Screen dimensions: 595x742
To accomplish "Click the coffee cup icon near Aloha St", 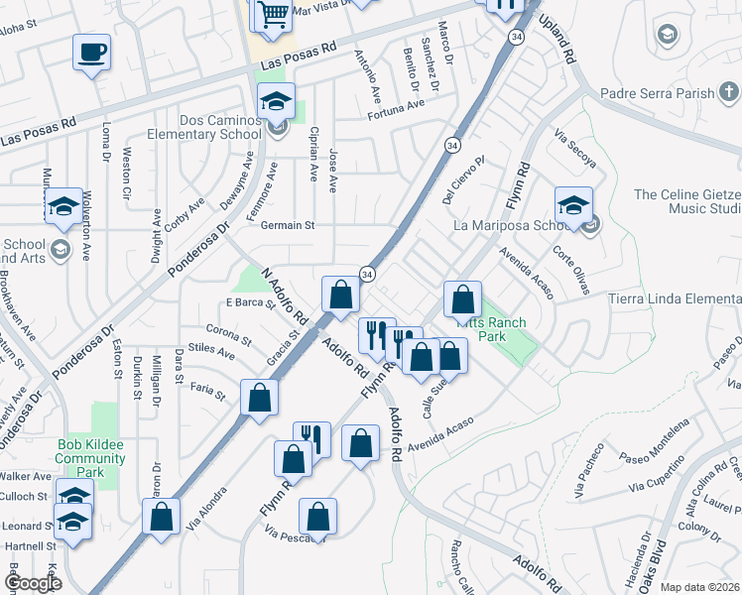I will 91,52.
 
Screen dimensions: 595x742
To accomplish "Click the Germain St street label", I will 287,225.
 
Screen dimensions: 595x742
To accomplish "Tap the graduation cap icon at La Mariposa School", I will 573,205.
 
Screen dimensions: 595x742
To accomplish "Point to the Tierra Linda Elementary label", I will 675,299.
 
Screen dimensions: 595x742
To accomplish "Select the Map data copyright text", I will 699,587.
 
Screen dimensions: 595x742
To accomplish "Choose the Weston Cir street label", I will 127,171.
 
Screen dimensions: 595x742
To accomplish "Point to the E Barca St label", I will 249,303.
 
